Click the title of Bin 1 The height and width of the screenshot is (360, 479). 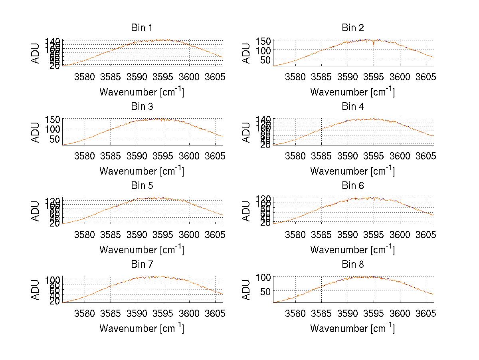tap(141, 28)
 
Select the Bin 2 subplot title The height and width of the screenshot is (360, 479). tap(352, 28)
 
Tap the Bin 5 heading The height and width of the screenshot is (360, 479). tap(141, 185)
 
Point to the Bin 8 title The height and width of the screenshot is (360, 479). tap(352, 264)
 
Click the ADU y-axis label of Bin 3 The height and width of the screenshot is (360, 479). tap(36, 132)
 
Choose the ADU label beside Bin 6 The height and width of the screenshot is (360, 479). tap(247, 211)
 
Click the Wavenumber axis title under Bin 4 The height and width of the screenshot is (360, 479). tap(352, 171)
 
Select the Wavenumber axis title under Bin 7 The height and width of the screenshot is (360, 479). tap(141, 328)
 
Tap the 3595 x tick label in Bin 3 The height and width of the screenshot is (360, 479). tap(163, 155)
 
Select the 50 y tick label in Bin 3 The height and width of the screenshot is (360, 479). tap(55, 138)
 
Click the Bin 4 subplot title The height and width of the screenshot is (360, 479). tap(352, 107)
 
